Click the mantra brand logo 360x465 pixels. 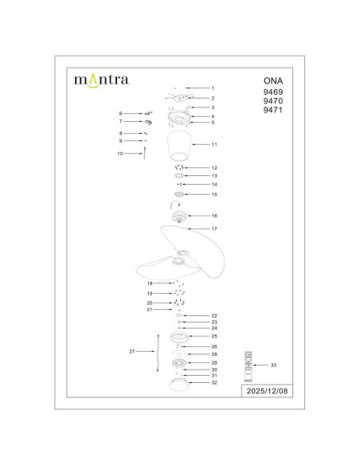pyautogui.click(x=100, y=80)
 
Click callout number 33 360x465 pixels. pyautogui.click(x=275, y=365)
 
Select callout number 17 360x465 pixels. pyautogui.click(x=214, y=229)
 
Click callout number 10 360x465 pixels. pyautogui.click(x=120, y=152)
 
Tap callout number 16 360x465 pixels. pyautogui.click(x=214, y=216)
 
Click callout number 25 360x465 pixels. pyautogui.click(x=214, y=337)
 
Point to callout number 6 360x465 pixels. pyautogui.click(x=121, y=114)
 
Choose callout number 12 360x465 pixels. pyautogui.click(x=214, y=169)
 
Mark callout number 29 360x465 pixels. pyautogui.click(x=214, y=362)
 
